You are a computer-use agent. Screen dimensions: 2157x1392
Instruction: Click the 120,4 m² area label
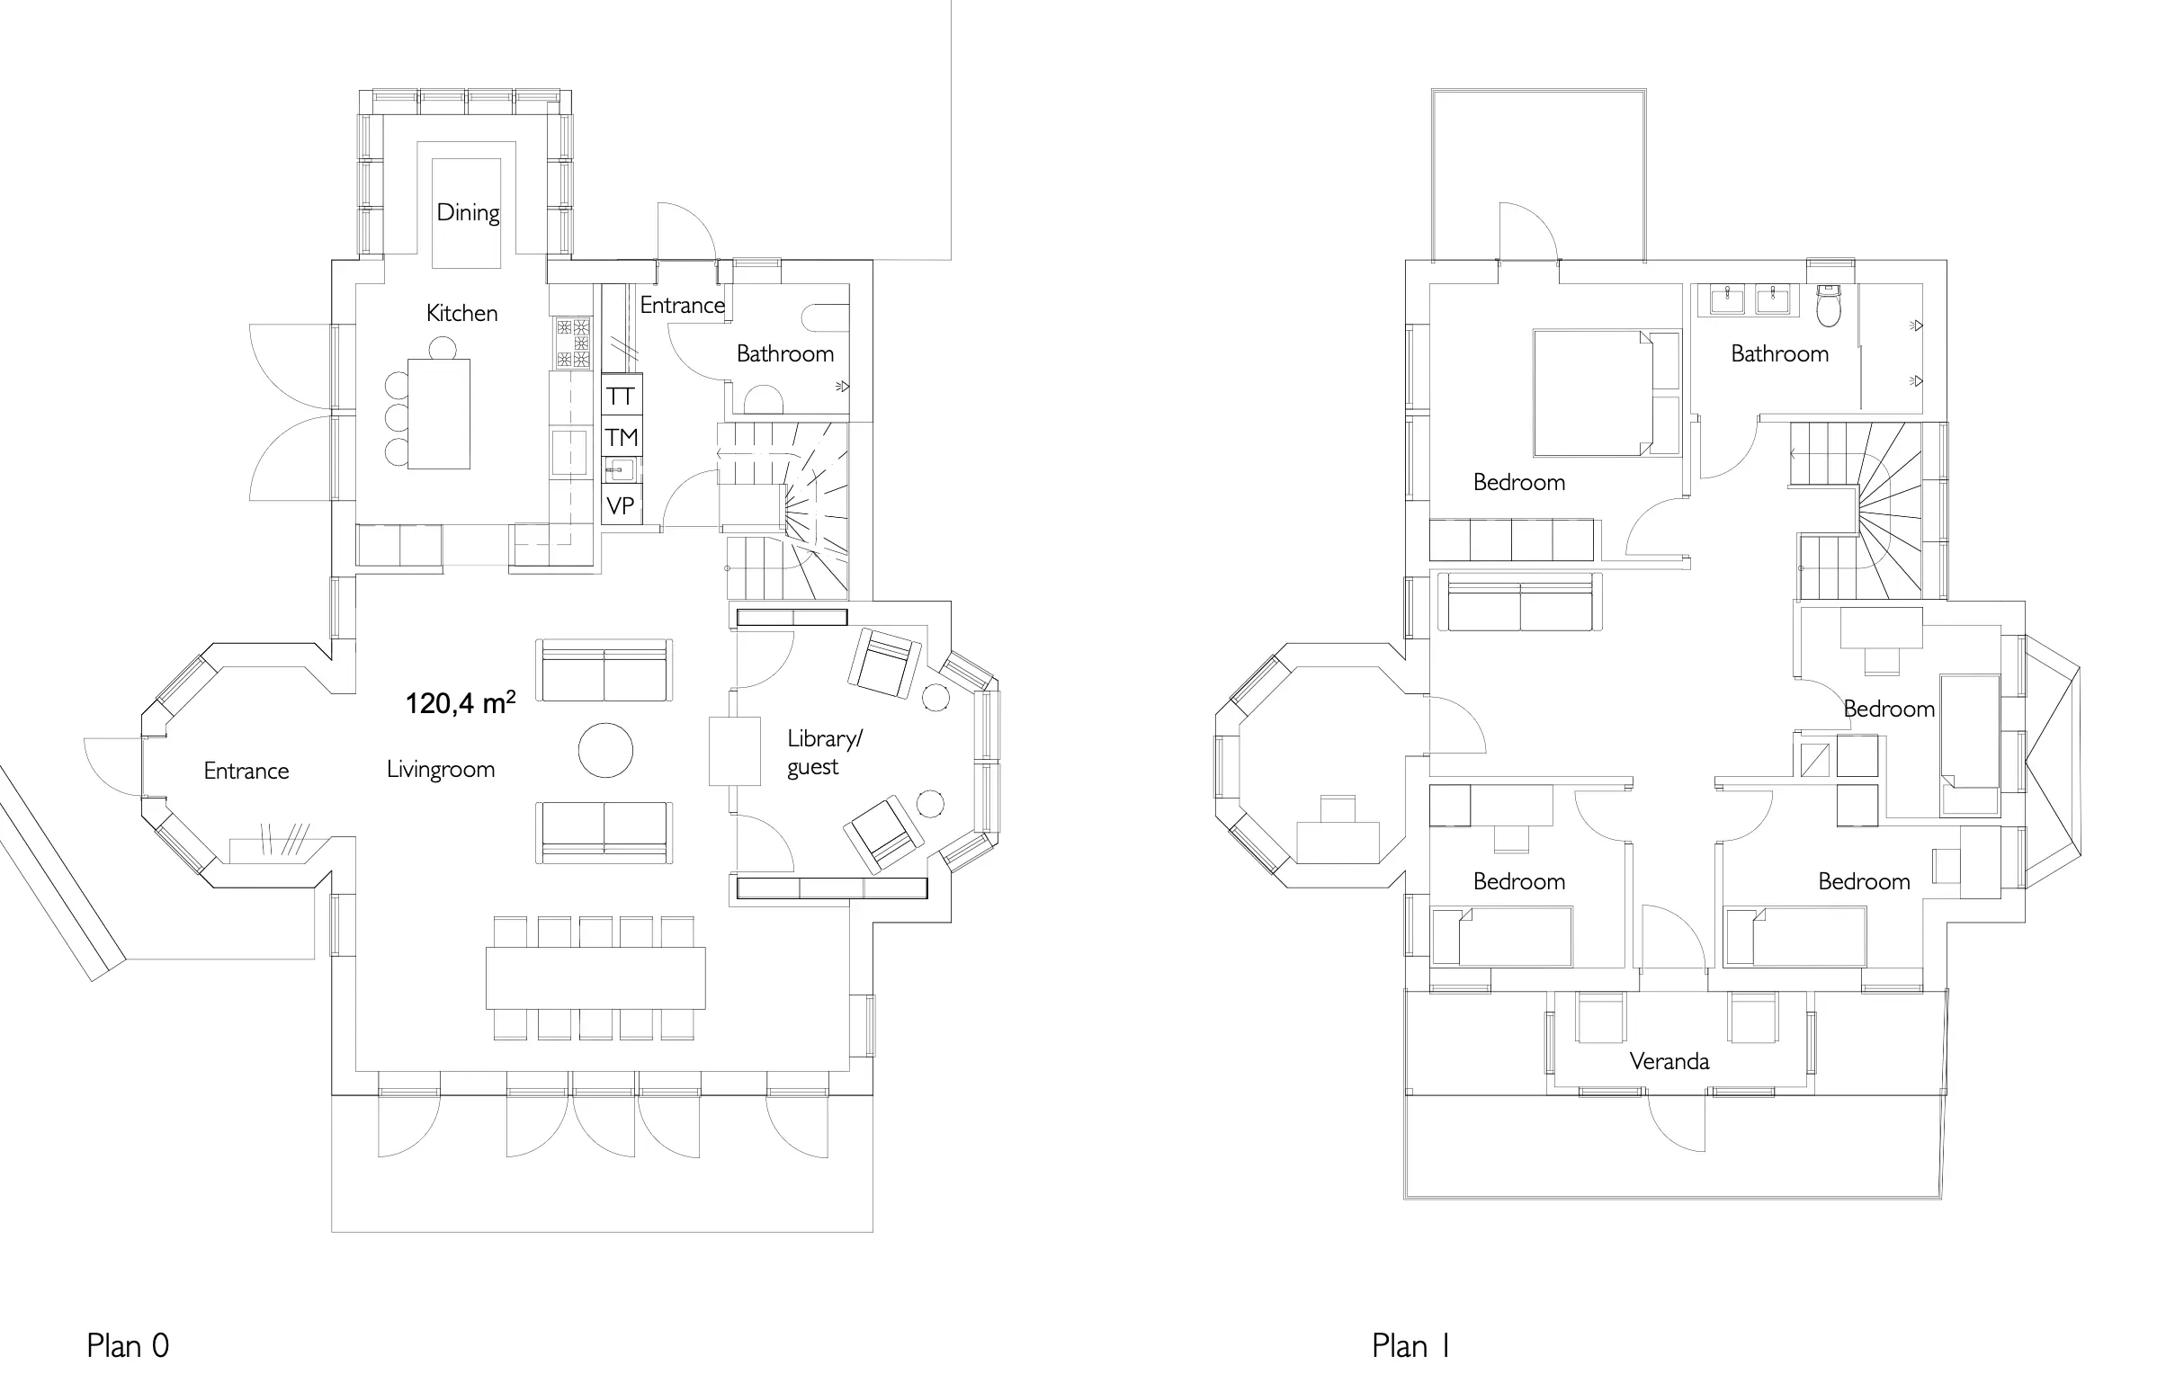pos(461,702)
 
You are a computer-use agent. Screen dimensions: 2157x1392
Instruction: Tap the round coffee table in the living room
pos(605,750)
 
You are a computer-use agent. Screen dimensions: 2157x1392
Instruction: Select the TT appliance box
pos(622,395)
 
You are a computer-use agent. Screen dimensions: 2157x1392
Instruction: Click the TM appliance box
pos(622,438)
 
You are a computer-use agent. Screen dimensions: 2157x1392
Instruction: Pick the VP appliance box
pos(622,504)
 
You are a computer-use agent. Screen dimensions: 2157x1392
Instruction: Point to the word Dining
pos(469,212)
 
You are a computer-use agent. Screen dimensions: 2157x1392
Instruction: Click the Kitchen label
pos(462,313)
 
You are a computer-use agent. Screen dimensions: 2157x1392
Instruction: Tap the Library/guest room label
pos(825,752)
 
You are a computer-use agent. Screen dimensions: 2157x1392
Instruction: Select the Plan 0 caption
pos(128,1345)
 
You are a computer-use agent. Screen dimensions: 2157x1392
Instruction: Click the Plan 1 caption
pos(1411,1345)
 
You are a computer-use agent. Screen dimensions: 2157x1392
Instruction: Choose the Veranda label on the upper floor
pos(1669,1060)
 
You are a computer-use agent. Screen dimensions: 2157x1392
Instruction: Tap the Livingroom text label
pos(440,769)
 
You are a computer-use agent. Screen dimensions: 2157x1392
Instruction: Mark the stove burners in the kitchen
pos(574,343)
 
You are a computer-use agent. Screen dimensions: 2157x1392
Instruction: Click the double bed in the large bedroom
pos(1607,392)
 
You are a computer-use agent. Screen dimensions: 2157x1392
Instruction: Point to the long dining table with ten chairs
pos(595,977)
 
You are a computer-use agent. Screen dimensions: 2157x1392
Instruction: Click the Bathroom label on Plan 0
pos(784,353)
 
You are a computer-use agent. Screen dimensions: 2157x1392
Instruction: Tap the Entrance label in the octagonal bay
pos(246,771)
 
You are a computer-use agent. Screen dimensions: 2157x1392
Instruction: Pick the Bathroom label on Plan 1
pos(1779,353)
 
